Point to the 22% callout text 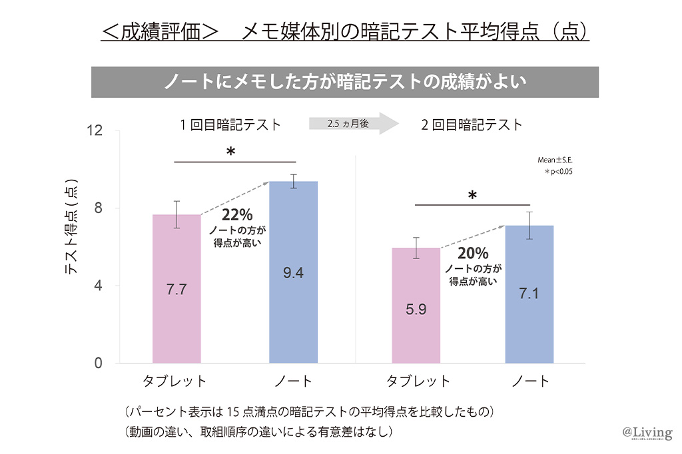[237, 215]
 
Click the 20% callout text [473, 254]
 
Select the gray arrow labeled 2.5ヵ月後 [353, 124]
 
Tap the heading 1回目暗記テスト [230, 124]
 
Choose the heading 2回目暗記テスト [472, 124]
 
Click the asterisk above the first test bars [230, 152]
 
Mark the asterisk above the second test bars [472, 196]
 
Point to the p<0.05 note [558, 172]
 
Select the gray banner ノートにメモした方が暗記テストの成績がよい [345, 82]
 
